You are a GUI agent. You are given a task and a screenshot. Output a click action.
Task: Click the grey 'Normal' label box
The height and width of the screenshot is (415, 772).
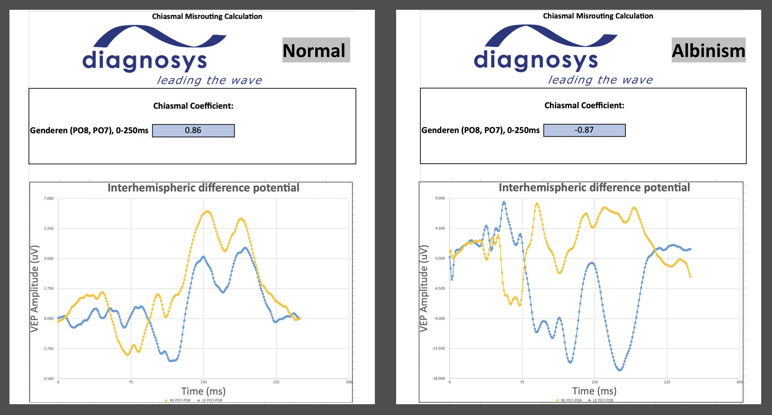coord(316,50)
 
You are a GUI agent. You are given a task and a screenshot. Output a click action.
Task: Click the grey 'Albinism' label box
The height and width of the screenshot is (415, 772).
coord(708,50)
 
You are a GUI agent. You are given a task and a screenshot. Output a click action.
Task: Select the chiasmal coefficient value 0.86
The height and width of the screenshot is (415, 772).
coord(193,131)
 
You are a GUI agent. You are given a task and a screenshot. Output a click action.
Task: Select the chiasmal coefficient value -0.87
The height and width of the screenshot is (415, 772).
coord(584,130)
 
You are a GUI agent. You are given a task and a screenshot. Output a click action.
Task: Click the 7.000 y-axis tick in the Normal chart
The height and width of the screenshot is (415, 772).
coord(49,198)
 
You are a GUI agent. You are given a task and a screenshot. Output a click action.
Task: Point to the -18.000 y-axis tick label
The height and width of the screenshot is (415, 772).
coord(439,379)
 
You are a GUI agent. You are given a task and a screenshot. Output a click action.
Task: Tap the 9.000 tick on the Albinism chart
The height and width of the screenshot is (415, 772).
coord(440,198)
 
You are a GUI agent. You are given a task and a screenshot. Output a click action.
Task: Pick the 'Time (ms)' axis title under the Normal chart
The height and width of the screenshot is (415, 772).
coord(203,391)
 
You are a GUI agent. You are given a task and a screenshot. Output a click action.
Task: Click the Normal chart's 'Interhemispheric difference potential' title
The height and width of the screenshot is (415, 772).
coord(203,188)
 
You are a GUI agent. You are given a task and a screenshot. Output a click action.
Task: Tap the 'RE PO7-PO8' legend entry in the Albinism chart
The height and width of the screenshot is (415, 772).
coord(571,400)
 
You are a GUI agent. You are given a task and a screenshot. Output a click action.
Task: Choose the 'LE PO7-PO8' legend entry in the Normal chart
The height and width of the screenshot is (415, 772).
coord(212,400)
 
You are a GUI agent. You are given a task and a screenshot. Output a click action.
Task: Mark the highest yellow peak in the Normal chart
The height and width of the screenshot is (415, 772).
coord(207,212)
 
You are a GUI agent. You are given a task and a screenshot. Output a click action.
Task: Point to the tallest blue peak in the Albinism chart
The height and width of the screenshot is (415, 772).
coord(504,202)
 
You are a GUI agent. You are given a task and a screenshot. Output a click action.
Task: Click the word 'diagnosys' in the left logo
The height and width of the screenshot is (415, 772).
coord(145,61)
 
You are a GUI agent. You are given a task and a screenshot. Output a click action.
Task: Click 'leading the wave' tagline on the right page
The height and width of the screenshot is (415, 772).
coord(600,80)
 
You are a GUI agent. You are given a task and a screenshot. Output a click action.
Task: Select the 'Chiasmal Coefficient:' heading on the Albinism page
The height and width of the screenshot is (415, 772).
coord(584,106)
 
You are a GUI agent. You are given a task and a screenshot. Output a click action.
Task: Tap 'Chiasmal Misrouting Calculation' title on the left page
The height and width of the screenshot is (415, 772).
coord(207,17)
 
